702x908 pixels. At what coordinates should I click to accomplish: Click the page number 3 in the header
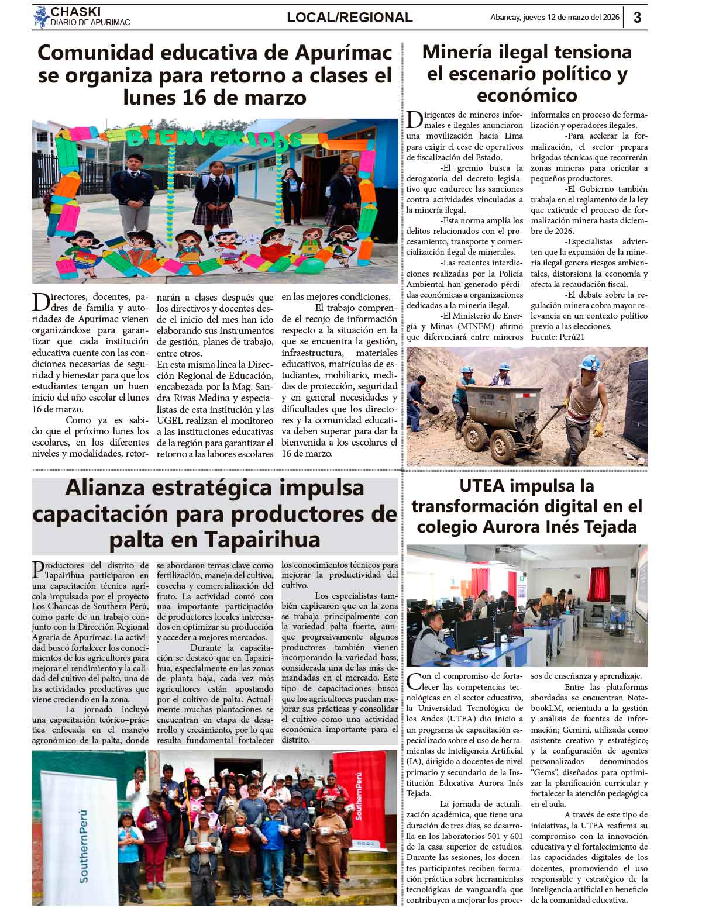point(637,18)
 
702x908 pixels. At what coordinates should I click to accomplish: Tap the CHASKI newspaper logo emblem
point(41,17)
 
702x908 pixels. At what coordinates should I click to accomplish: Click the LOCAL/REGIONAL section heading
point(349,18)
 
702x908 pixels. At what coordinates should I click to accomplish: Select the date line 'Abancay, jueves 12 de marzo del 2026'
point(554,18)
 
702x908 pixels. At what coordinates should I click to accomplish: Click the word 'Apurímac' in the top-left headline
point(343,53)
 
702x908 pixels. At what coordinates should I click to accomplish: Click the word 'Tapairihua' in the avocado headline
point(263,538)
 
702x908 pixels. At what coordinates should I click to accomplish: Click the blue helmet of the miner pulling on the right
point(589,362)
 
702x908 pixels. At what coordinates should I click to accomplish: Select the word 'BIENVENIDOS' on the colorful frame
point(214,138)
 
